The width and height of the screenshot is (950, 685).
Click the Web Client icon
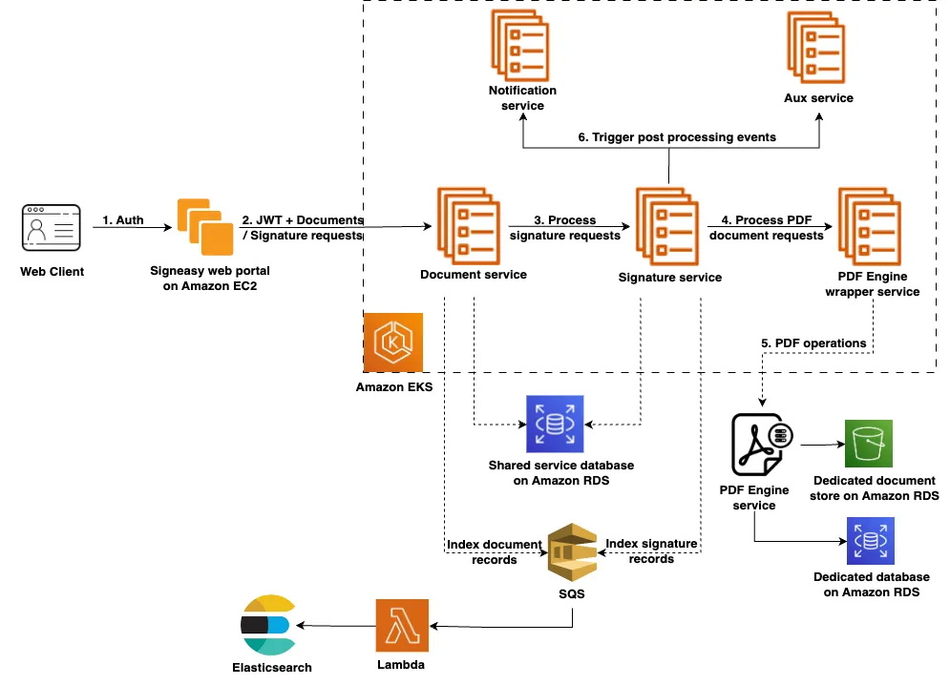[52, 229]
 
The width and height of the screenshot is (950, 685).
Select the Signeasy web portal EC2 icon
[204, 226]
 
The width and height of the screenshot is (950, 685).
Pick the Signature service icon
[669, 225]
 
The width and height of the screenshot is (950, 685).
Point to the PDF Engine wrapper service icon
[871, 224]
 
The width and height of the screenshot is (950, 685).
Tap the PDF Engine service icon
[761, 445]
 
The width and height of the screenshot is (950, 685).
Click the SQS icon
[572, 551]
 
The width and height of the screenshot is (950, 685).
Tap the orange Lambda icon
[403, 625]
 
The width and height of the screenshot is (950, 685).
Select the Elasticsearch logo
[267, 625]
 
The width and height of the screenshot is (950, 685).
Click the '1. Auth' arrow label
[123, 220]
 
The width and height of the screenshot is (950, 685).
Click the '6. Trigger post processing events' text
[677, 137]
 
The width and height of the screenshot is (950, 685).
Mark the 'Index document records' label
[494, 551]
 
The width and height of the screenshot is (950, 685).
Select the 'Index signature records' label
[651, 550]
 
